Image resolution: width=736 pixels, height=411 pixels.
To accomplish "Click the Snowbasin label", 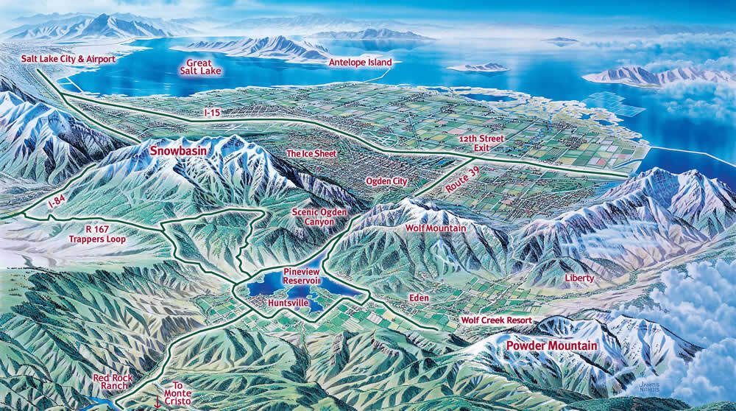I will [x=178, y=150].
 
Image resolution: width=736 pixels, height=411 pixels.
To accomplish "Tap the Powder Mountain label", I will [x=552, y=344].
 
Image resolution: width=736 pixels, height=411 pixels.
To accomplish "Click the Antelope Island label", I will [x=360, y=63].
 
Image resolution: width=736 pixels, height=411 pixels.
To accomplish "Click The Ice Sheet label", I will [x=311, y=154].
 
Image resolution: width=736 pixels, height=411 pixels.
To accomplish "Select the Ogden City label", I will [x=386, y=180].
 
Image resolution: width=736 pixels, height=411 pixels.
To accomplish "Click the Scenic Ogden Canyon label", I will [x=314, y=216].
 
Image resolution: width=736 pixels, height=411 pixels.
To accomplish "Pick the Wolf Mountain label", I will [x=436, y=228].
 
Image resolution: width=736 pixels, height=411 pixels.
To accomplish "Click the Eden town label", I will [x=418, y=298].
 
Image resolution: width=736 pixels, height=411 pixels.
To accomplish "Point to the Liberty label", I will [x=578, y=278].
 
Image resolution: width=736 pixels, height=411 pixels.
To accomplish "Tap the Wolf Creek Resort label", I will [x=496, y=320].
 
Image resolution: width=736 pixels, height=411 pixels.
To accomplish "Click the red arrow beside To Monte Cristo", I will [x=156, y=401].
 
